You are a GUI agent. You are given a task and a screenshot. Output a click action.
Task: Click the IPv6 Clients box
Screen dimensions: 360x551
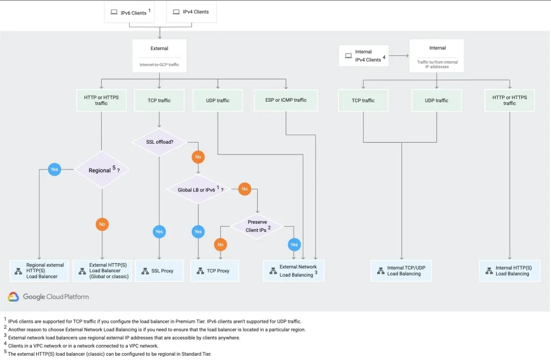[129, 12]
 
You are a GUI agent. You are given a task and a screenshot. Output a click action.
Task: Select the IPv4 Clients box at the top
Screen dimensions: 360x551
[192, 12]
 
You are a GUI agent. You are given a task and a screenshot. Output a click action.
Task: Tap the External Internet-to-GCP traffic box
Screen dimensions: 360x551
[159, 56]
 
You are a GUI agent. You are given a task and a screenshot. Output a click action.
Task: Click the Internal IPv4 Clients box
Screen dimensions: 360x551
[363, 55]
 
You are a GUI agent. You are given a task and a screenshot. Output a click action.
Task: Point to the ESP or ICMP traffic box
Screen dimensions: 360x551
[286, 100]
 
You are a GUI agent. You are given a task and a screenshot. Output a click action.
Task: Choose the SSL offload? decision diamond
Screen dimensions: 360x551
[159, 142]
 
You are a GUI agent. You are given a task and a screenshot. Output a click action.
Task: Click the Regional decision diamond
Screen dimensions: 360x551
[102, 170]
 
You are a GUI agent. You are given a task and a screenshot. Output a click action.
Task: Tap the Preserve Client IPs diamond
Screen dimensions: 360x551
[257, 225]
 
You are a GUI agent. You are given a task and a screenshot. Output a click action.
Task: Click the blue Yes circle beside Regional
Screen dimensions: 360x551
[54, 169]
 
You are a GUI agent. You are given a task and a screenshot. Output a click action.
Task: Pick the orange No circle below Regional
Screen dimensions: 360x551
[102, 224]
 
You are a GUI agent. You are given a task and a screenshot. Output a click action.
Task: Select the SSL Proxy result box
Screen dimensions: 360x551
[159, 271]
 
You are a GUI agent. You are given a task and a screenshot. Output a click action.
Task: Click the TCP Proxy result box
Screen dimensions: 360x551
[214, 271]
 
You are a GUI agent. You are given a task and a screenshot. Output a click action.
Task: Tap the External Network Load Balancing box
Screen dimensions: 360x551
[294, 271]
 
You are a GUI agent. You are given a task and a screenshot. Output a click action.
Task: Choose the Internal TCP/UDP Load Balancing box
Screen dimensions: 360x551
[401, 271]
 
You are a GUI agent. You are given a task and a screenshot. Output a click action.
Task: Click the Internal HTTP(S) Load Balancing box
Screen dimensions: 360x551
[510, 271]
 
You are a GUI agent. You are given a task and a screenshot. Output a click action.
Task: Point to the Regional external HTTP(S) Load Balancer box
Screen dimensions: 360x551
[40, 271]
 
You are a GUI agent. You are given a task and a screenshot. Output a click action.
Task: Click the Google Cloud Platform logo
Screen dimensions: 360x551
[48, 297]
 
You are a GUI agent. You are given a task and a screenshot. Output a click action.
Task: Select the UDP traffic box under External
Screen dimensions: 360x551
[218, 100]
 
